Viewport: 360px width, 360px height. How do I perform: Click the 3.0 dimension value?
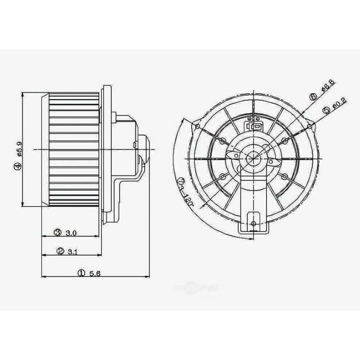pos(71,232)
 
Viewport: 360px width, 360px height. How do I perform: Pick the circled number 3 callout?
pos(57,232)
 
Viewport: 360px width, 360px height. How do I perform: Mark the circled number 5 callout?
pos(326,111)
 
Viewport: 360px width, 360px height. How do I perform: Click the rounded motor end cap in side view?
pos(144,150)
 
